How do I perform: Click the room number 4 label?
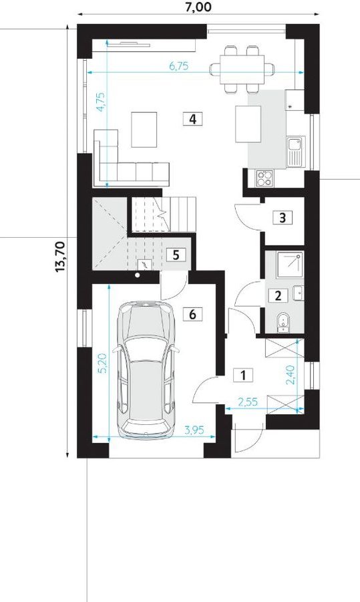192,119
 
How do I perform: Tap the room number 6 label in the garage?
192,314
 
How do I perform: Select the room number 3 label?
283,218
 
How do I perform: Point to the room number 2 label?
279,295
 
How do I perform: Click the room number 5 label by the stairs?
176,255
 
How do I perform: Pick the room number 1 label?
243,375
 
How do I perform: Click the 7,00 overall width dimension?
198,7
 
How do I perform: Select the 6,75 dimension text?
179,66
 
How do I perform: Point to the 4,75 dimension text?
101,102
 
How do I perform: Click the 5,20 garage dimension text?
102,363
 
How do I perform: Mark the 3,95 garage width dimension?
194,430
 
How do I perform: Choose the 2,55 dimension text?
248,402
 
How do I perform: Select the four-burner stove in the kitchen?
265,178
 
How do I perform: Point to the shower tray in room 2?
290,264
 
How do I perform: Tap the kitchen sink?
295,152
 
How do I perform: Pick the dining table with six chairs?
242,69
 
